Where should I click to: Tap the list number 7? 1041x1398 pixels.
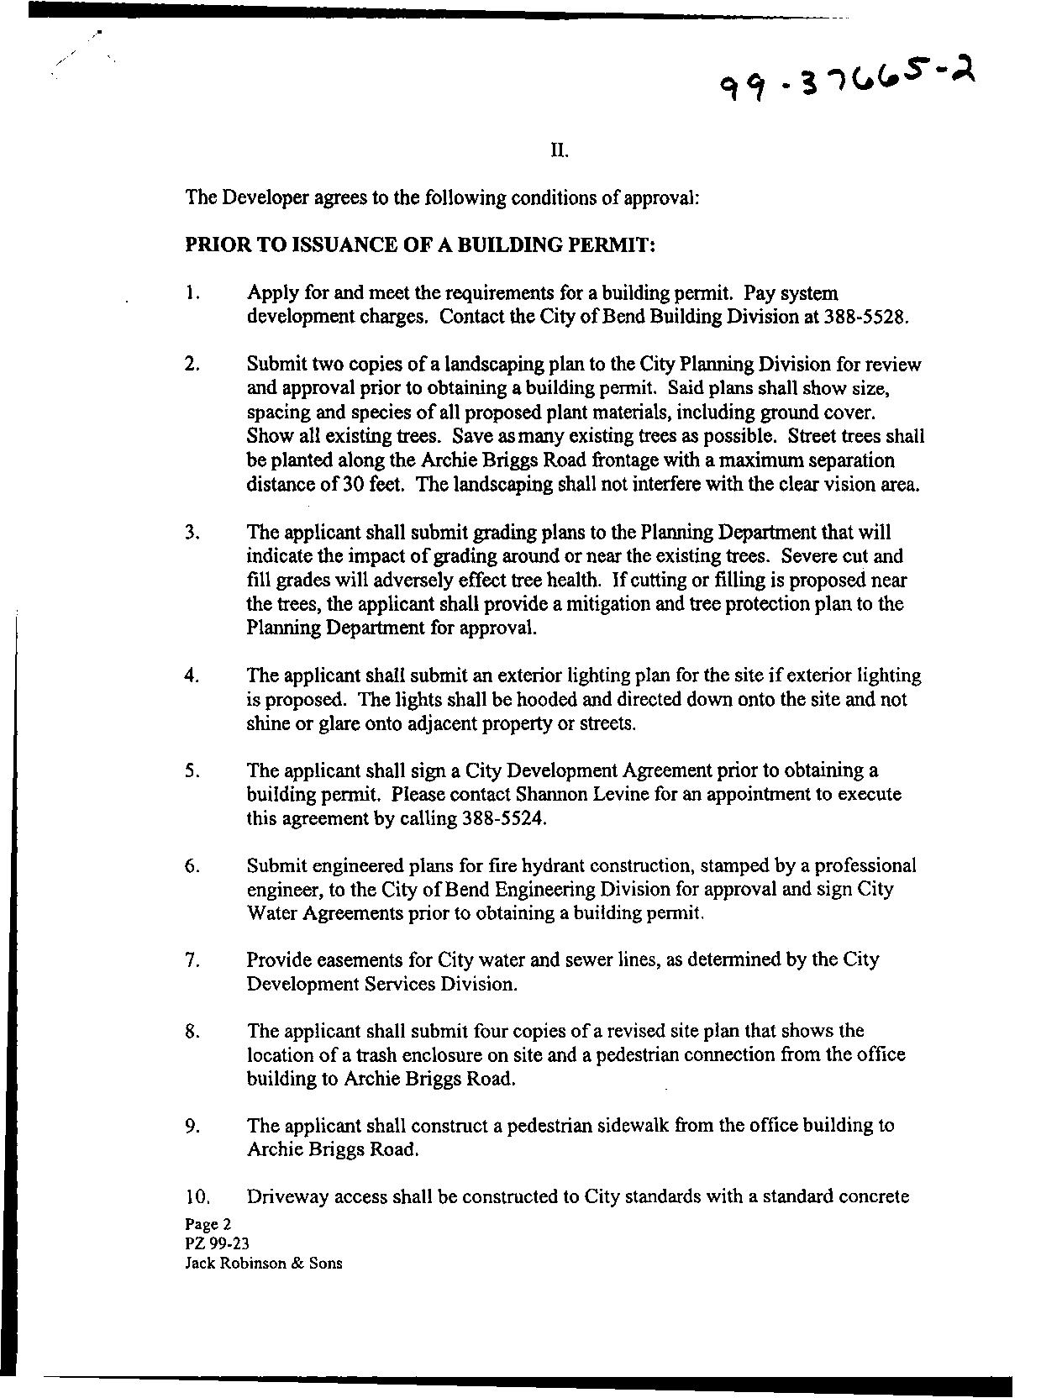(x=192, y=959)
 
